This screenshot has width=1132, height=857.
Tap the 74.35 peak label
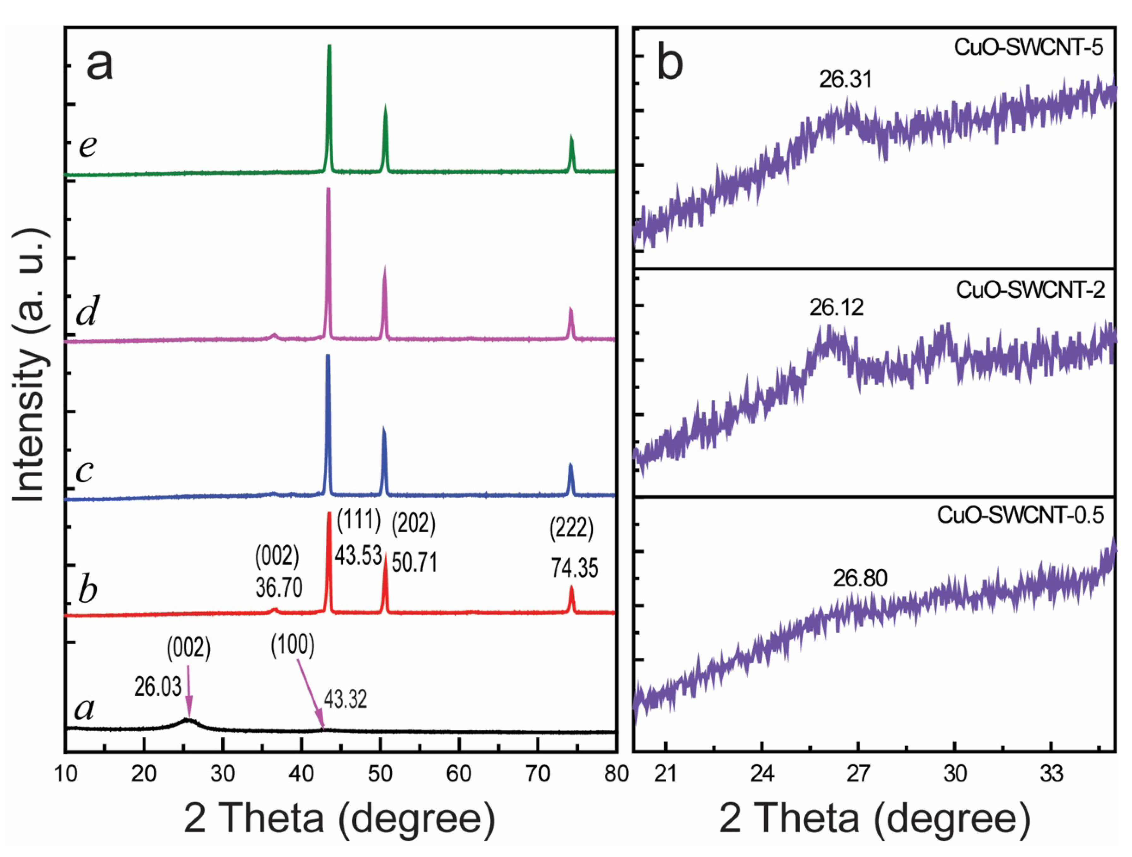point(574,568)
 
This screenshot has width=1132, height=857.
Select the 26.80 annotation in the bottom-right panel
point(860,578)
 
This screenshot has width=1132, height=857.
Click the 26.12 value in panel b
point(836,308)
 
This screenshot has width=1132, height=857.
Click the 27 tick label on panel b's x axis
point(858,774)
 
